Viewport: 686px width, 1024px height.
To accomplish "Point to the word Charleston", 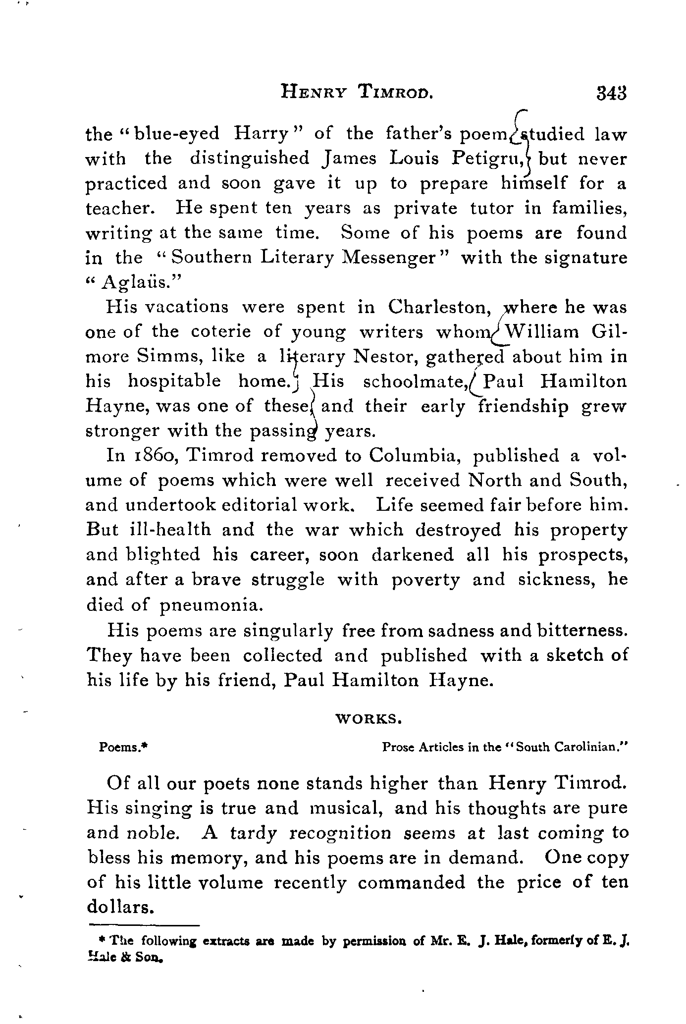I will [x=436, y=307].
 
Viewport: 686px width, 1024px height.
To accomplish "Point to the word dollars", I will [x=118, y=907].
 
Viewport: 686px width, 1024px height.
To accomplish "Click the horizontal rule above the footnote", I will [x=144, y=924].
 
